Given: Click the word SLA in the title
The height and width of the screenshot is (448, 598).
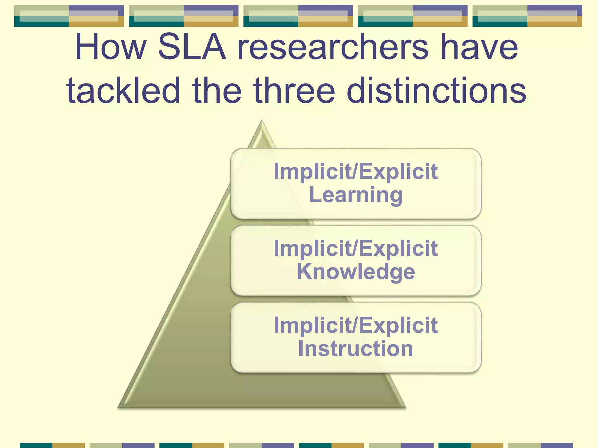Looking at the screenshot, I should click(x=192, y=47).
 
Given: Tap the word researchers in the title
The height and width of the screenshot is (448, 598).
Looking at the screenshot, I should click(x=333, y=47).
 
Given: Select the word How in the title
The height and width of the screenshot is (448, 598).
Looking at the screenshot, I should click(x=111, y=47).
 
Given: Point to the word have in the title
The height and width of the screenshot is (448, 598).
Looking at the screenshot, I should click(x=479, y=47).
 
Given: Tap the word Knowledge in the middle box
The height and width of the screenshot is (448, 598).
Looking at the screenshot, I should click(x=356, y=272).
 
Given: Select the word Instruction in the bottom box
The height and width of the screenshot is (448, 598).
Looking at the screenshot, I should click(x=356, y=349).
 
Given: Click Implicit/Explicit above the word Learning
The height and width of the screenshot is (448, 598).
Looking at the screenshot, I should click(x=356, y=171).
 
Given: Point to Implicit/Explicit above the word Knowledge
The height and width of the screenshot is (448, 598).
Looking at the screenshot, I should click(x=356, y=248).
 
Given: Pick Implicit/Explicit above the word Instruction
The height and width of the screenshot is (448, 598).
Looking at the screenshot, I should click(x=356, y=325).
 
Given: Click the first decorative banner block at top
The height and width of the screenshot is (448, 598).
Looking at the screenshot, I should click(x=69, y=16).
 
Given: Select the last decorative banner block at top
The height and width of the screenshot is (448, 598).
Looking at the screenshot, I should click(x=527, y=16).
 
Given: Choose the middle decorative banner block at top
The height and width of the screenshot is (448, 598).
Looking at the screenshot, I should click(x=298, y=16).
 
